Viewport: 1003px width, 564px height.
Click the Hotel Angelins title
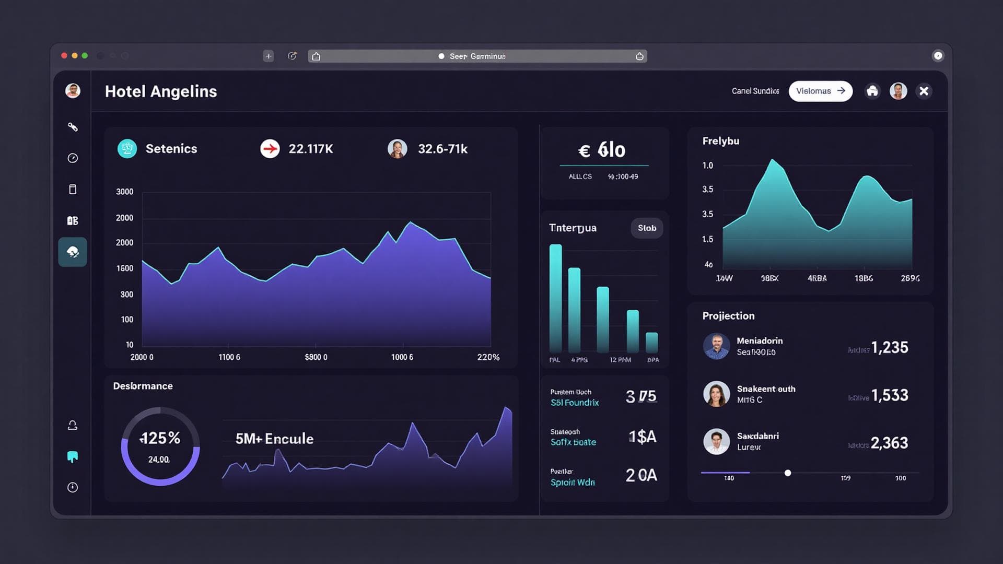161,91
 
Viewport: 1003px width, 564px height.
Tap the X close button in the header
924,91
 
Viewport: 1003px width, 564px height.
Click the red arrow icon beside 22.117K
270,149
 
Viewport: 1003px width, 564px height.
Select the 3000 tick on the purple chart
124,192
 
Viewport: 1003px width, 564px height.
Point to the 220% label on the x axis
488,357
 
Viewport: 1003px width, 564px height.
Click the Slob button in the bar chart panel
647,228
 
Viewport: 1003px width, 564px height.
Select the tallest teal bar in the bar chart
555,298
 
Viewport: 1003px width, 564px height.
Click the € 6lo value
602,150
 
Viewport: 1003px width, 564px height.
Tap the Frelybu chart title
720,141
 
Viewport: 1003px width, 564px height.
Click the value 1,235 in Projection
889,347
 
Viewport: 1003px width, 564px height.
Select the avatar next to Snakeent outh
716,394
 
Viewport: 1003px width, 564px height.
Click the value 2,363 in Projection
889,443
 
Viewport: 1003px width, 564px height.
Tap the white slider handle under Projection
788,473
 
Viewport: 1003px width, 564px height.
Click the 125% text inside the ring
160,438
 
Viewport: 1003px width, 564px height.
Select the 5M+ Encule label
274,439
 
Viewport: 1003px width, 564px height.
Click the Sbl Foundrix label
574,403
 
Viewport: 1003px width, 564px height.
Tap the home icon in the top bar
872,91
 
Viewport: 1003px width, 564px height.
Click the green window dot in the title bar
85,56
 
